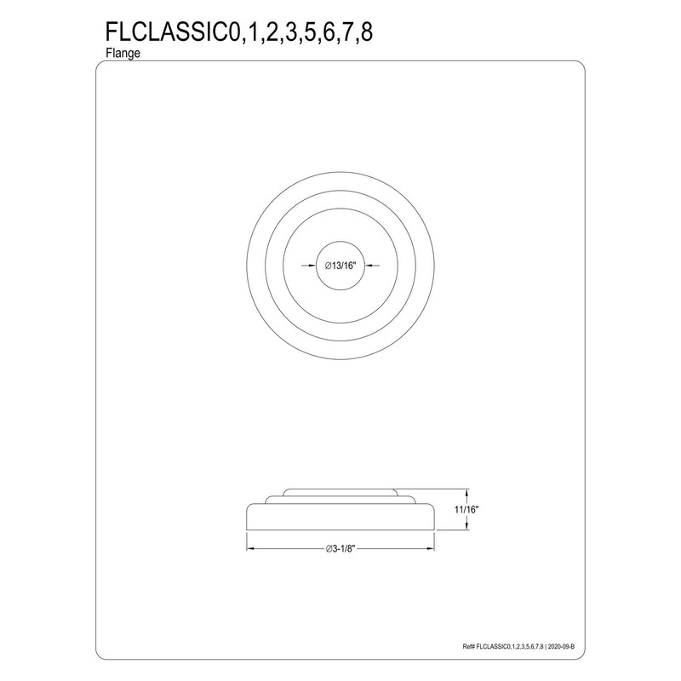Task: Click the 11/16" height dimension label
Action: [467, 509]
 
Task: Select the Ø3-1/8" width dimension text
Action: [340, 547]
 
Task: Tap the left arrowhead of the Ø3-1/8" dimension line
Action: [250, 547]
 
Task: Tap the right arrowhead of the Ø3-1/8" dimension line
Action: [433, 547]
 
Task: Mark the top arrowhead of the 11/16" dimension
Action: [467, 492]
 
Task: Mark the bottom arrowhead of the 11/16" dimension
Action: [467, 529]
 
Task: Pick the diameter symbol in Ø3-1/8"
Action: [328, 547]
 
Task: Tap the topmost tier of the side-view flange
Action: [340, 492]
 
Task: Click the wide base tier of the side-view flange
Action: [340, 517]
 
